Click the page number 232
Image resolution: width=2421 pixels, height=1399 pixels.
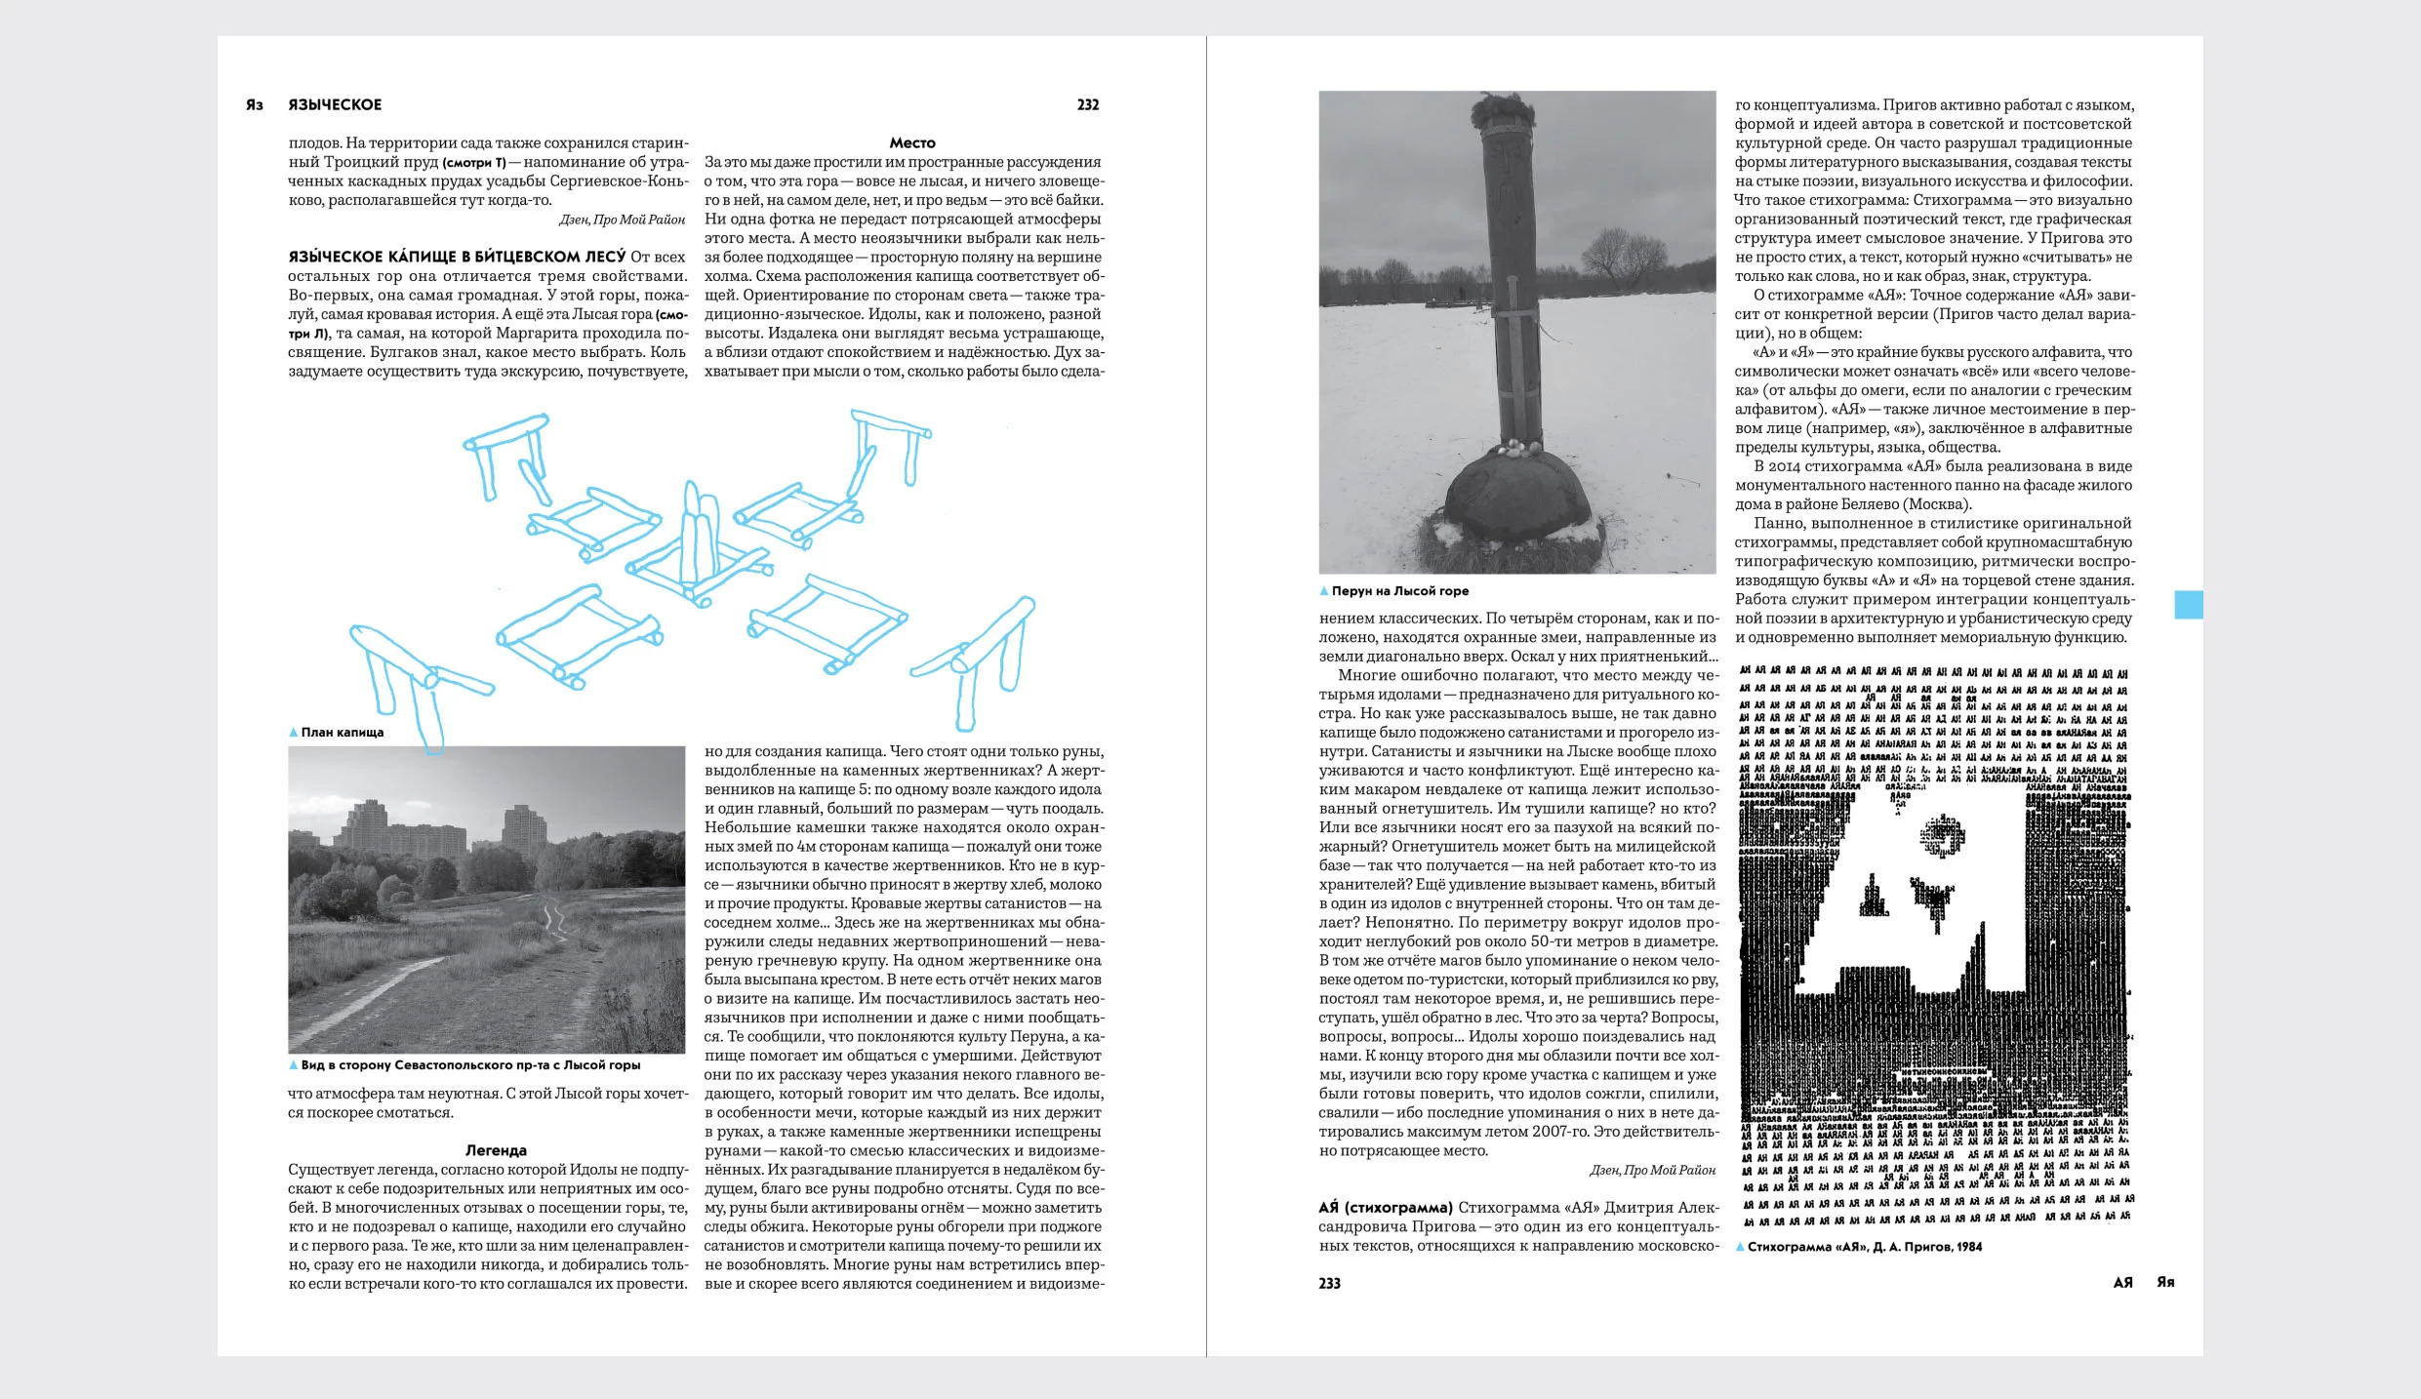(1087, 105)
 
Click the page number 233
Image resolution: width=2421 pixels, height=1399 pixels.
(1329, 1284)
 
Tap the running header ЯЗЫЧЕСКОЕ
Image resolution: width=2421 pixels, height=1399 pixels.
(335, 105)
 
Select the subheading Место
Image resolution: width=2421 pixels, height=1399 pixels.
(911, 143)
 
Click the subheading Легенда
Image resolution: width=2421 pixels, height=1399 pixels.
(496, 1151)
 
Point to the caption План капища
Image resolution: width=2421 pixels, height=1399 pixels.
(342, 733)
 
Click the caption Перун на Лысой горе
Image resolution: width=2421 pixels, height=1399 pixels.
(1399, 591)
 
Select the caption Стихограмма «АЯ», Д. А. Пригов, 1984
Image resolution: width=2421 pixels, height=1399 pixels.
(1864, 1247)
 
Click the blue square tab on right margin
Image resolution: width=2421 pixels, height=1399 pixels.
(2189, 605)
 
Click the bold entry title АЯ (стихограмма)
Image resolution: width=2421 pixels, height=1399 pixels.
(1386, 1208)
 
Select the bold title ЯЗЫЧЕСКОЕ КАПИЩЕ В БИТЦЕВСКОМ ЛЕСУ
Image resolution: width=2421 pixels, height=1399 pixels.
(457, 258)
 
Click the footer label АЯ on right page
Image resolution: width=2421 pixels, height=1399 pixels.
(2122, 1283)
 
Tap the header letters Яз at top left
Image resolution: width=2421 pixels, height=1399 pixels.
(255, 105)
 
